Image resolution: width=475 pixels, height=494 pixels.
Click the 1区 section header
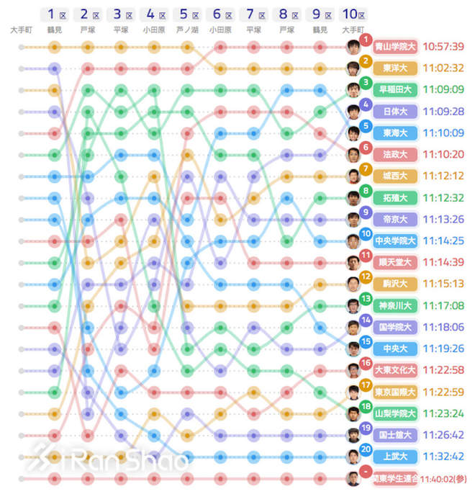coord(54,14)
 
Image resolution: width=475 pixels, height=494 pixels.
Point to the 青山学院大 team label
coord(395,48)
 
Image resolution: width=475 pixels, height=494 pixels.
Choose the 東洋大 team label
coord(395,68)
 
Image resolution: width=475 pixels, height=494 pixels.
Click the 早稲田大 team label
coord(395,90)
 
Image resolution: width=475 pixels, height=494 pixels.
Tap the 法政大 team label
coord(395,154)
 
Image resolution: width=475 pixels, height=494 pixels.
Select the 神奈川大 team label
coord(395,305)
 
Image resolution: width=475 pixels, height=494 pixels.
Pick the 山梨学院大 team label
coord(395,413)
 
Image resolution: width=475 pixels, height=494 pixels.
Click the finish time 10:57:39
coord(443,48)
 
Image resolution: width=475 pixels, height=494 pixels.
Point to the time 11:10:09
coord(443,133)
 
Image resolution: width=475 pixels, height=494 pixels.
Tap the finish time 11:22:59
coord(443,392)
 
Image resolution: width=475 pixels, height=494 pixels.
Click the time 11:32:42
coord(443,457)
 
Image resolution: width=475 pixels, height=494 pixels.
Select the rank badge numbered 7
coord(366,169)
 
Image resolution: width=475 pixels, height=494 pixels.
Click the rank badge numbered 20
coord(366,449)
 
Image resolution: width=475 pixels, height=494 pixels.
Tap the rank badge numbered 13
coord(366,298)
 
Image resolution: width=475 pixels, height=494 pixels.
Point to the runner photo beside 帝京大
coord(353,220)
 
